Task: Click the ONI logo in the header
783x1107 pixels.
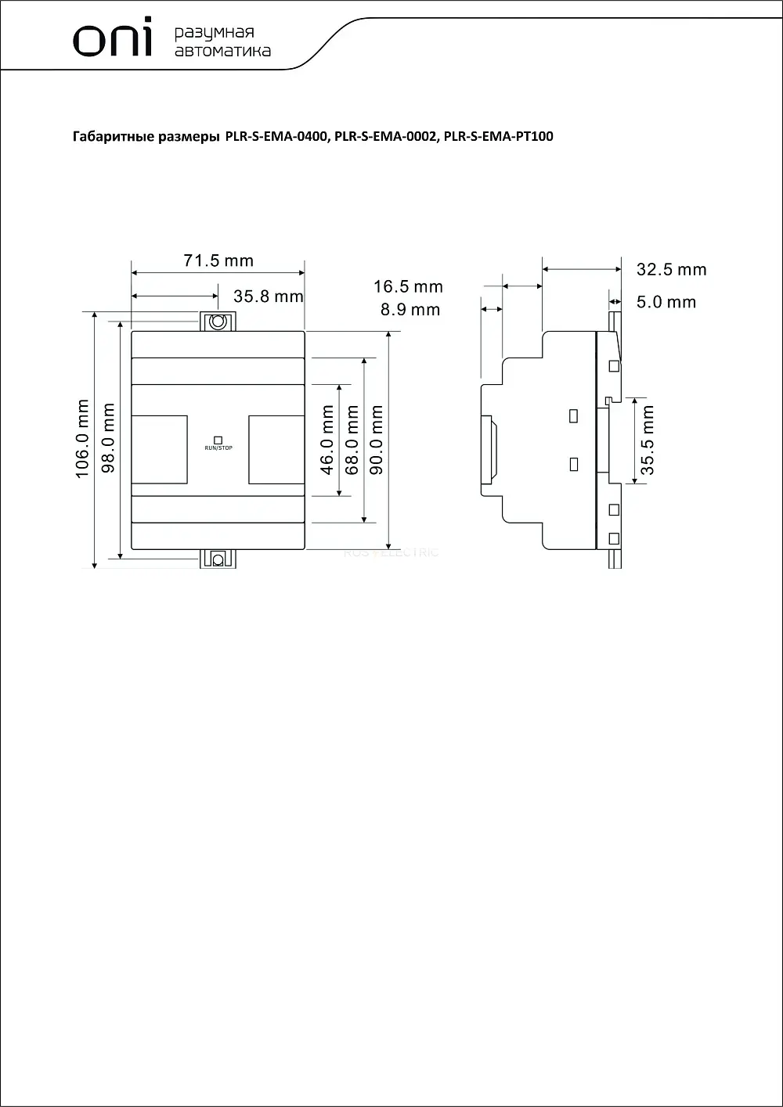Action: coord(112,37)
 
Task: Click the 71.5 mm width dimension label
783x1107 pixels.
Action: coord(218,261)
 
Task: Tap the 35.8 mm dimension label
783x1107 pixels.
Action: coord(268,297)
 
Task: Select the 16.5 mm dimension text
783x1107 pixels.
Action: coord(408,286)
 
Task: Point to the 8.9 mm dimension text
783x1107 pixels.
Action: coord(410,310)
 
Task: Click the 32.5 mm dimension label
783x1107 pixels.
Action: coord(671,270)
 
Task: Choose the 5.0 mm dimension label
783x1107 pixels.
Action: coord(666,302)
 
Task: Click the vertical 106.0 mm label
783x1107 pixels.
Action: coord(82,439)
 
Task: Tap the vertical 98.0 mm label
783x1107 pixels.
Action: coord(108,438)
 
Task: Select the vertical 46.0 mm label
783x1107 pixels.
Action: coord(327,440)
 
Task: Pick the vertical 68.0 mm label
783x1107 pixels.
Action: coord(352,440)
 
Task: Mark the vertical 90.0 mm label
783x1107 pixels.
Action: coord(377,440)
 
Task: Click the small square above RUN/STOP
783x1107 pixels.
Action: coord(218,440)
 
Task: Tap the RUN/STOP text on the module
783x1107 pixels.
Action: coord(218,447)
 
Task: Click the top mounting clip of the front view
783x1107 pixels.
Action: coord(218,322)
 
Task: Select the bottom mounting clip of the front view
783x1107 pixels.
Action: coord(218,559)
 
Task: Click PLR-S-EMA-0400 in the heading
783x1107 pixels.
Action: coord(276,136)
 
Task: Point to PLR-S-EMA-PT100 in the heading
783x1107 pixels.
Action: coord(498,136)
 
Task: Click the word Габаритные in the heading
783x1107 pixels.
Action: coord(114,137)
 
